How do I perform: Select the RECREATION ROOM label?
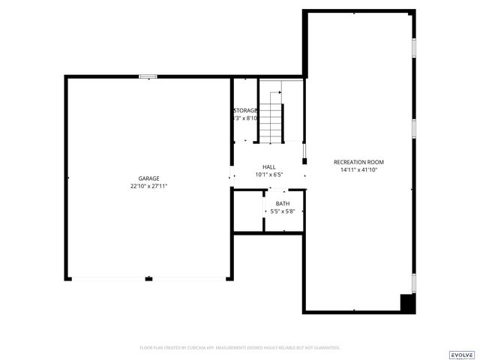(358, 163)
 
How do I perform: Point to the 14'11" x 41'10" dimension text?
(358, 170)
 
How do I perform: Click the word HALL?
(268, 167)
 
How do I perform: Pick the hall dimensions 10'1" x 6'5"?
(268, 175)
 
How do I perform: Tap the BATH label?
(282, 204)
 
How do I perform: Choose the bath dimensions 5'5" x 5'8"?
(282, 211)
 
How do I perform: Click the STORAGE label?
(245, 110)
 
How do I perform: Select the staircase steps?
(271, 123)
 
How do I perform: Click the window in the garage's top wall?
(148, 76)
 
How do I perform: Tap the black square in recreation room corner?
(407, 303)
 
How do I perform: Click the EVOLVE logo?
(461, 354)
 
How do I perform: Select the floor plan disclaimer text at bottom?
(240, 348)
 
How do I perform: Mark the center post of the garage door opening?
(148, 279)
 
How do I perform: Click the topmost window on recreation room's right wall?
(413, 46)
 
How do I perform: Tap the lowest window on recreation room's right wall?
(413, 283)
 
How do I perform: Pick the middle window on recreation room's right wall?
(413, 127)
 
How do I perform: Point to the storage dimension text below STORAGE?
(245, 118)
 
